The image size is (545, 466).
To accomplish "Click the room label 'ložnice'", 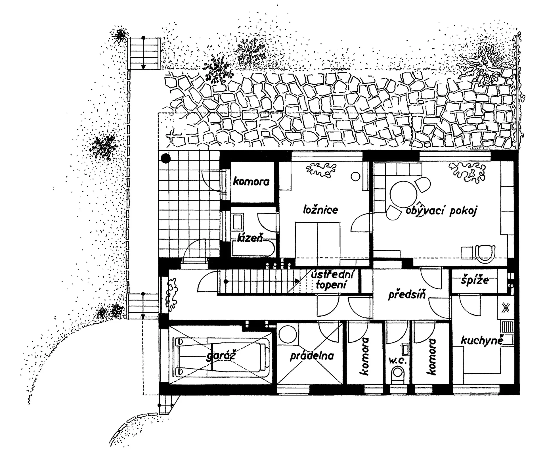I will (320, 210).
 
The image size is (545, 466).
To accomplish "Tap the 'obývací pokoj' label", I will (442, 211).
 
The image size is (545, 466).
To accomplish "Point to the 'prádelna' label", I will (312, 356).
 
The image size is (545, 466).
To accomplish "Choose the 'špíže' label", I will (475, 280).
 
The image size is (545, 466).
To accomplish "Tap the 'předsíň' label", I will (407, 294).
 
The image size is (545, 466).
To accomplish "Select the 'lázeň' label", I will (250, 238).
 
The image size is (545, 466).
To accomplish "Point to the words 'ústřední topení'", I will (332, 280).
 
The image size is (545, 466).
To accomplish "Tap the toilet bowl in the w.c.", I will (397, 372).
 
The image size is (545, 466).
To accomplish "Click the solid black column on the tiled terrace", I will (165, 158).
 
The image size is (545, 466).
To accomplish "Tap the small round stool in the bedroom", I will (355, 176).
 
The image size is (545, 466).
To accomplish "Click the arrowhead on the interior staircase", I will (297, 281).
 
